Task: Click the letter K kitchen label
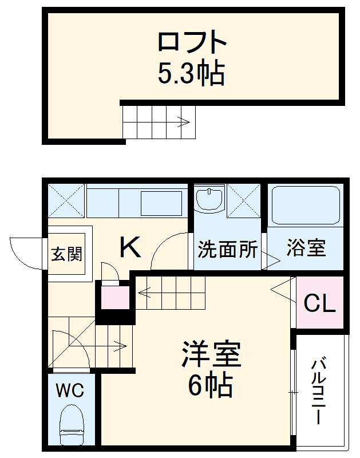click(130, 248)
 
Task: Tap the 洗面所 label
click(227, 250)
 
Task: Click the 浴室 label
click(306, 249)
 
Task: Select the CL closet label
click(319, 303)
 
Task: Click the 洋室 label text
click(211, 355)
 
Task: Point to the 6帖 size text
click(210, 386)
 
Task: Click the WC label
click(69, 392)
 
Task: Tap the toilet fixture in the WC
click(72, 424)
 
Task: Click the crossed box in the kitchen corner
click(65, 200)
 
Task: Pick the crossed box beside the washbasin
click(244, 200)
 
